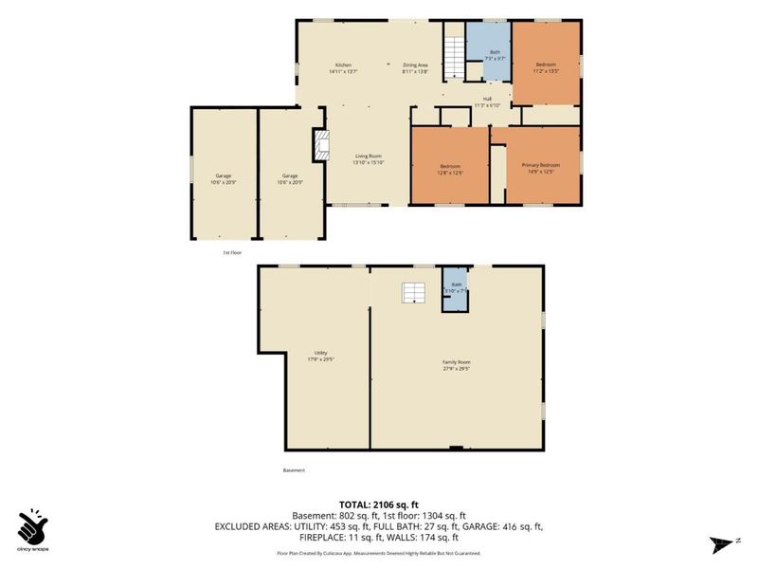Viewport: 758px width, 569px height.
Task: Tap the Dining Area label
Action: [x=415, y=67]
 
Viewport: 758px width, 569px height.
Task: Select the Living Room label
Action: [x=368, y=159]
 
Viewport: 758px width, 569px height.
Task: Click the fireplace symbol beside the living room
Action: [x=321, y=146]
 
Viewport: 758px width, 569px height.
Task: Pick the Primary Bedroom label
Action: [x=542, y=168]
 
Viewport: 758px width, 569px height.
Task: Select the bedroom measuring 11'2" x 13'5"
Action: [x=546, y=66]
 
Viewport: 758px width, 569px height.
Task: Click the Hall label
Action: [x=486, y=101]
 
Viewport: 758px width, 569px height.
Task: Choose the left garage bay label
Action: [x=224, y=178]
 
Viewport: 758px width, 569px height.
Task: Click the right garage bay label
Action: [x=290, y=178]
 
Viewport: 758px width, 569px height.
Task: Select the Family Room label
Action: [x=457, y=365]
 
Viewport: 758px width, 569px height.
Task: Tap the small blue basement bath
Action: [x=456, y=288]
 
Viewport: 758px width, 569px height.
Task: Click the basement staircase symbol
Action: [x=413, y=292]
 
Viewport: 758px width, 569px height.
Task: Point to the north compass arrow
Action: [x=721, y=544]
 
